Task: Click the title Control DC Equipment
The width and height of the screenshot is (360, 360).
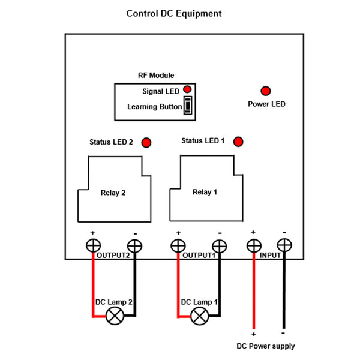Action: [x=173, y=13]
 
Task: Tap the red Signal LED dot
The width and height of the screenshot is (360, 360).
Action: [x=187, y=89]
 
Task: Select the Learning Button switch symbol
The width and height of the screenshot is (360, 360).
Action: [x=188, y=106]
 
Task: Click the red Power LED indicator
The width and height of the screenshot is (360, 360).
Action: [x=265, y=91]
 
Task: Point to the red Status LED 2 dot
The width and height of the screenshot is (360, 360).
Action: [x=146, y=143]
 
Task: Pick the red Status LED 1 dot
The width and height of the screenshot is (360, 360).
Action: [x=238, y=142]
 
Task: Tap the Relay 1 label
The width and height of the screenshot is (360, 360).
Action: [x=205, y=193]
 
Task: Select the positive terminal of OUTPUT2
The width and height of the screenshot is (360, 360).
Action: [x=93, y=245]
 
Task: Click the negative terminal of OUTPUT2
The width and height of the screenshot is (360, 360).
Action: [x=134, y=245]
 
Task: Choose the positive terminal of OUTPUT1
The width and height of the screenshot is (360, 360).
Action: [x=178, y=245]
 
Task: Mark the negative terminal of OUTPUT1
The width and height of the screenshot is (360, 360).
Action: [x=220, y=245]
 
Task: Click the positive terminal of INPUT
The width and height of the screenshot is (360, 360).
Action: [x=254, y=245]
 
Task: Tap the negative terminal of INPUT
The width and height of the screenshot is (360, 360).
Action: [x=283, y=245]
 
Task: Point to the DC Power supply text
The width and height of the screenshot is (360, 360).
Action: [x=266, y=346]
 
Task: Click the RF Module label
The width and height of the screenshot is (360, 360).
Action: [x=156, y=76]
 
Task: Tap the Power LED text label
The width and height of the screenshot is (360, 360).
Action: [x=266, y=104]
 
